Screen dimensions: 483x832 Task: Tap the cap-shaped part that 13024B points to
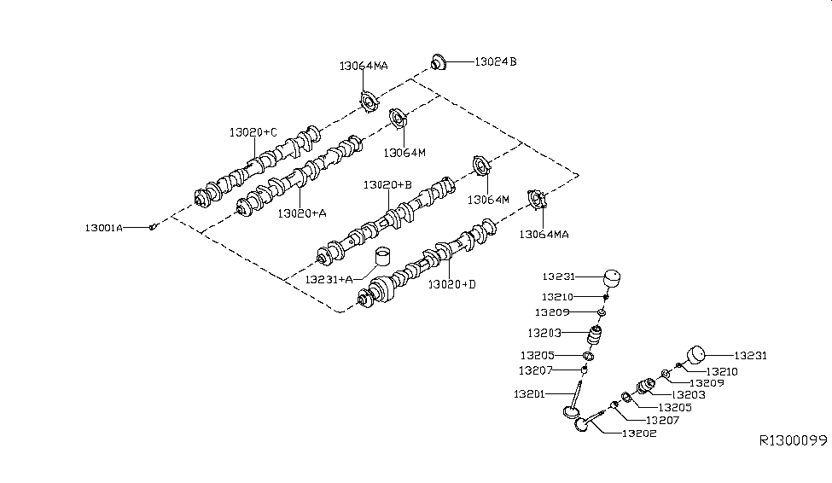439,62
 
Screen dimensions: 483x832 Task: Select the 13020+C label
253,132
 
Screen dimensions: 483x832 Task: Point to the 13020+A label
301,214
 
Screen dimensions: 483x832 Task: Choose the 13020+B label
387,184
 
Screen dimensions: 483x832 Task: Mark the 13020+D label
452,283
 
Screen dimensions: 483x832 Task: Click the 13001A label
103,228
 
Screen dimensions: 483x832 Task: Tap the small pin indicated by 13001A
152,227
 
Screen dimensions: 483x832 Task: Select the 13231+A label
329,278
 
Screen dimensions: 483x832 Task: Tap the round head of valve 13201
569,414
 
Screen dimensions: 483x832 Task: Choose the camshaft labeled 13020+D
427,265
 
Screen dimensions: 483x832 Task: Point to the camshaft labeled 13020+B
393,218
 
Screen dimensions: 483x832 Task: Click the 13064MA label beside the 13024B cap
364,65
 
